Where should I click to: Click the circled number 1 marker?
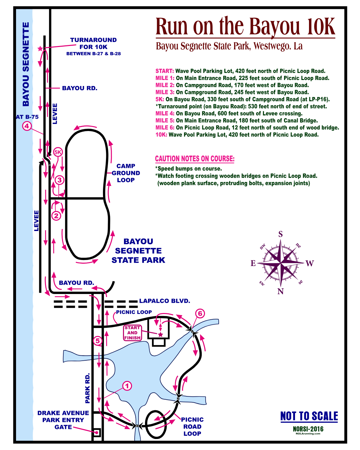(127, 386)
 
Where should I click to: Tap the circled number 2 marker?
(56, 216)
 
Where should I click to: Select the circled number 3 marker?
(59, 180)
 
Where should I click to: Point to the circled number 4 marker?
(27, 126)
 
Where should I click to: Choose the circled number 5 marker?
(97, 341)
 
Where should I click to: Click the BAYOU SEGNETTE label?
(26, 64)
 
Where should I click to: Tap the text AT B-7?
(25, 117)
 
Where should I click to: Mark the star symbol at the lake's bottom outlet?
(137, 426)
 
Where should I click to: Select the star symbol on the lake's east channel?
(178, 398)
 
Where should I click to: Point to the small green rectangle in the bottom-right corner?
(317, 431)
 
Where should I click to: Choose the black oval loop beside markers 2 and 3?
(88, 195)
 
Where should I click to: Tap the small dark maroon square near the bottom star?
(175, 432)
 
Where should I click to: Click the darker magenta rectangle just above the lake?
(135, 333)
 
